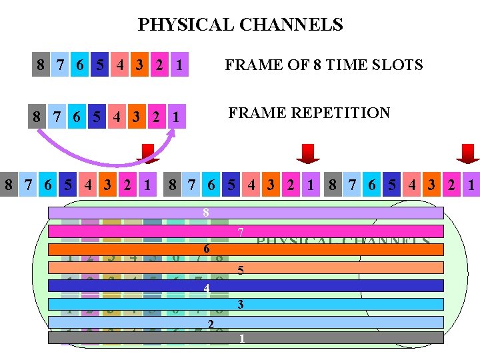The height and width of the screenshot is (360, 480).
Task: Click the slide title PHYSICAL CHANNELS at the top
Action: (240, 25)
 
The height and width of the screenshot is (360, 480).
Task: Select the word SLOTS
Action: (397, 65)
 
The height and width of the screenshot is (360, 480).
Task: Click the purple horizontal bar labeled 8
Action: (245, 213)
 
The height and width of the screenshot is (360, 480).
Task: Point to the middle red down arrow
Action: (308, 153)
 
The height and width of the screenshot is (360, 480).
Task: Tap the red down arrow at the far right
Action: (467, 153)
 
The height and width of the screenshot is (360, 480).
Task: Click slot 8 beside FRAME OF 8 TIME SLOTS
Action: (41, 65)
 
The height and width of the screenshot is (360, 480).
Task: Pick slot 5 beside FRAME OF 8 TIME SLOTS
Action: (99, 65)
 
